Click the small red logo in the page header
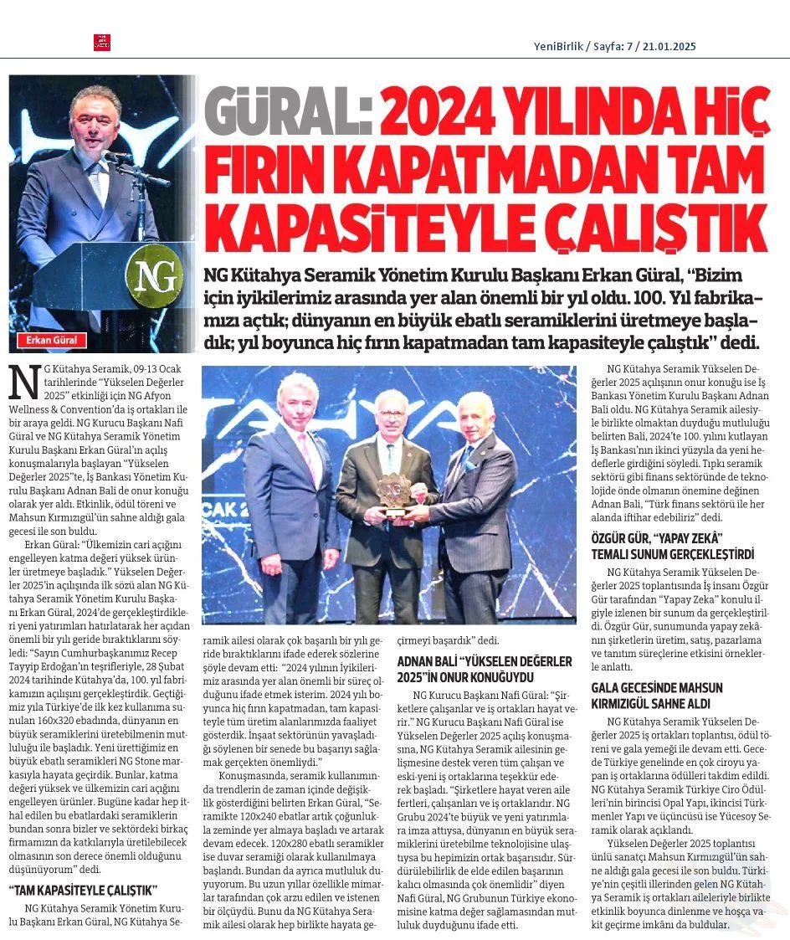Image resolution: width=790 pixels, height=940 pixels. coord(101,43)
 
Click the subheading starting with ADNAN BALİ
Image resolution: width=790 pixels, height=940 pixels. coord(485,668)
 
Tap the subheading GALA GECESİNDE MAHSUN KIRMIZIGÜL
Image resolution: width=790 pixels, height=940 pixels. coord(656,695)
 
